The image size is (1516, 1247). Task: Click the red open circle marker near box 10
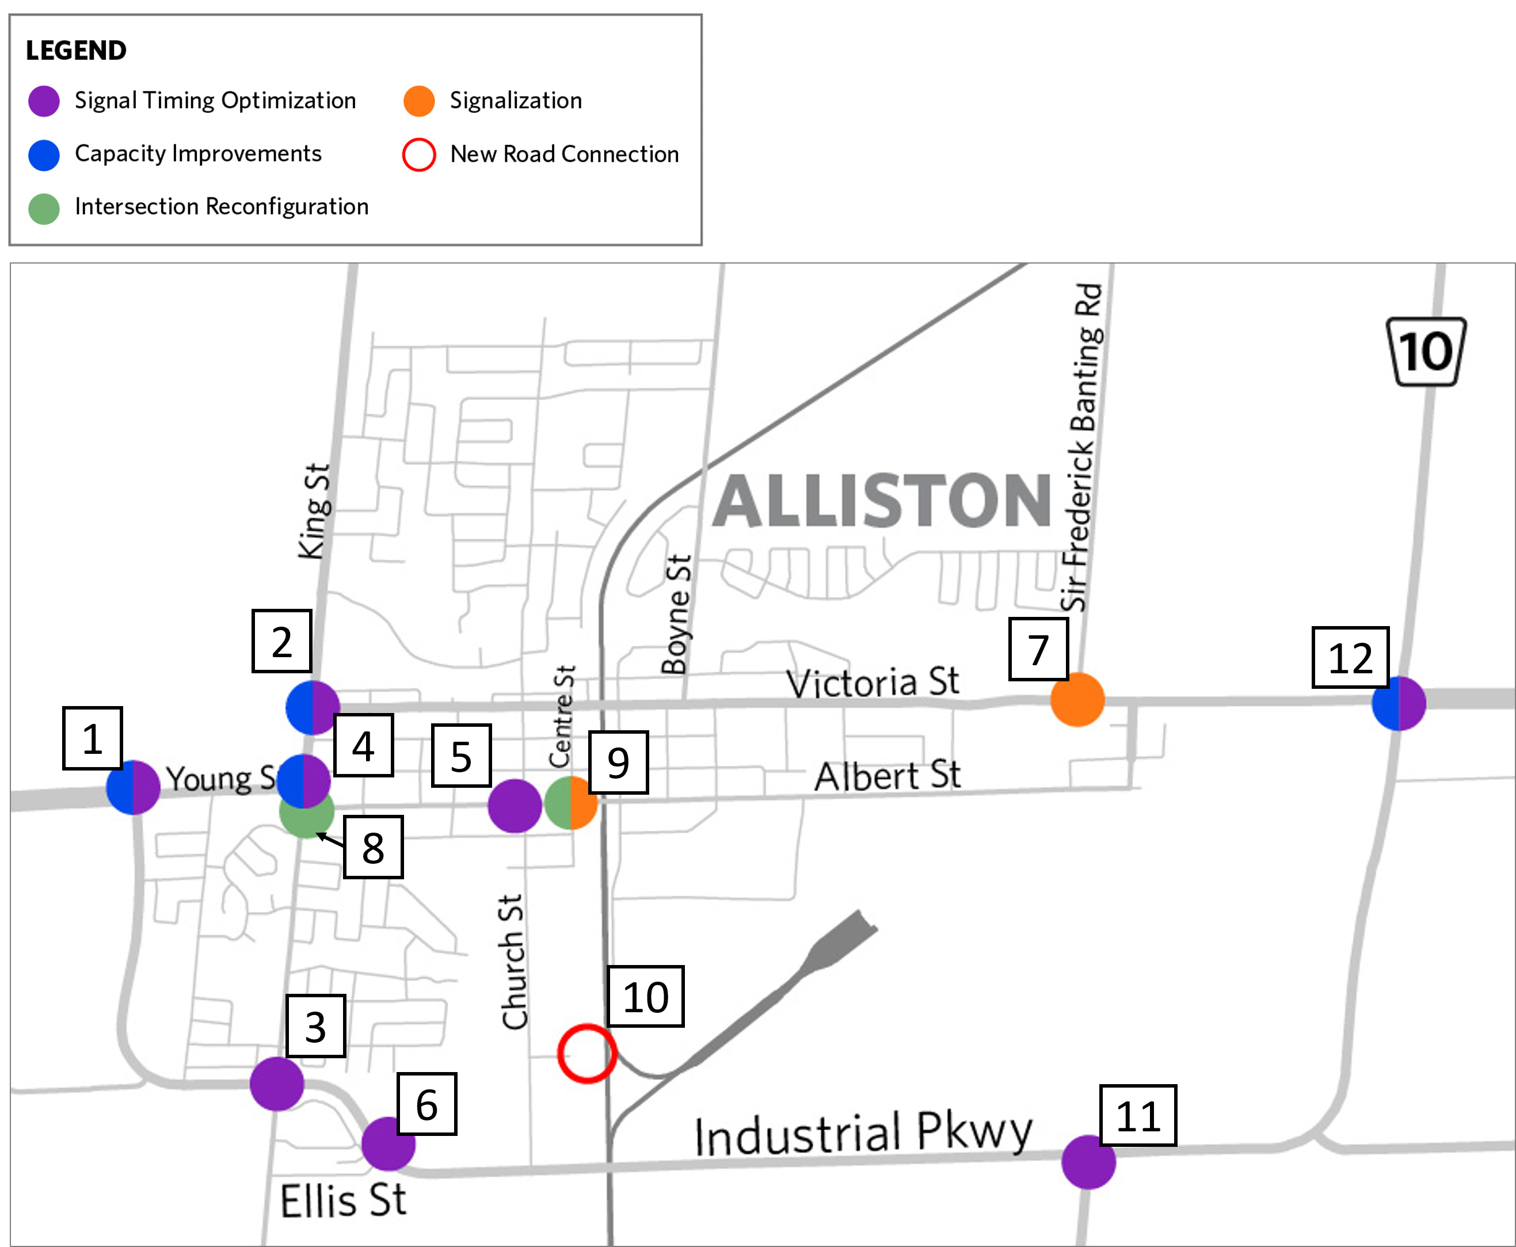tap(587, 1053)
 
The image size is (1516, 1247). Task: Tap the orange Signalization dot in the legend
tap(419, 101)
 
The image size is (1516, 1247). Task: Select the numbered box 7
tap(1038, 649)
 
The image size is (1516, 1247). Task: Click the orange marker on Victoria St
tap(1077, 700)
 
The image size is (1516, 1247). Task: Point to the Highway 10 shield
tap(1426, 352)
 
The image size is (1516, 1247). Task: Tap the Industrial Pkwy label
tap(863, 1134)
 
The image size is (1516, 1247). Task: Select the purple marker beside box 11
tap(1088, 1161)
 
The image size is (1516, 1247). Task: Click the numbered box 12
tap(1350, 657)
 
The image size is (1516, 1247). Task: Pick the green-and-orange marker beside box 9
tap(571, 802)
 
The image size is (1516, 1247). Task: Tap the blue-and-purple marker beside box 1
tap(133, 787)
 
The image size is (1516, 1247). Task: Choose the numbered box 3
tap(315, 1026)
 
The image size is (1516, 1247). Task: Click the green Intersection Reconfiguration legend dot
tap(44, 208)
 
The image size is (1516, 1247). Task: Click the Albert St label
tap(887, 776)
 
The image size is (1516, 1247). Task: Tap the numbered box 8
tap(373, 847)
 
